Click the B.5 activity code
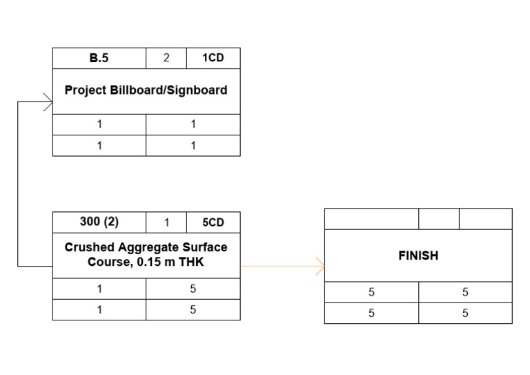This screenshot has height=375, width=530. click(99, 58)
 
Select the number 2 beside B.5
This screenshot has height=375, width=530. click(166, 58)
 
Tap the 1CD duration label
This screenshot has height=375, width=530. click(213, 58)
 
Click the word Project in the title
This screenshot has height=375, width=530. click(85, 90)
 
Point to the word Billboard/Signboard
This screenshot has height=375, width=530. click(168, 90)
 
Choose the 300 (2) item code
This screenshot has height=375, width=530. click(99, 222)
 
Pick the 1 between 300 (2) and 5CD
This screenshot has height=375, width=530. click(166, 222)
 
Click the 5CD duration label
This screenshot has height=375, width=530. click(213, 222)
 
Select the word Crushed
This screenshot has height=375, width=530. click(85, 247)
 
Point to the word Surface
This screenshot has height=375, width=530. click(204, 247)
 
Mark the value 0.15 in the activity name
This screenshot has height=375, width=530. click(143, 262)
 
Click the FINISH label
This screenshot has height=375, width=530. click(418, 256)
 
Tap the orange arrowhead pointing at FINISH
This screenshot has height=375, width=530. click(320, 267)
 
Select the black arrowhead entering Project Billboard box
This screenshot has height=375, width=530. click(48, 102)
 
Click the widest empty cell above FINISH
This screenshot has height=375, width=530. click(371, 219)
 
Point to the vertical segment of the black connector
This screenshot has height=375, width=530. click(18, 184)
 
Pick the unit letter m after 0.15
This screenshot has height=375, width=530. click(164, 262)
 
